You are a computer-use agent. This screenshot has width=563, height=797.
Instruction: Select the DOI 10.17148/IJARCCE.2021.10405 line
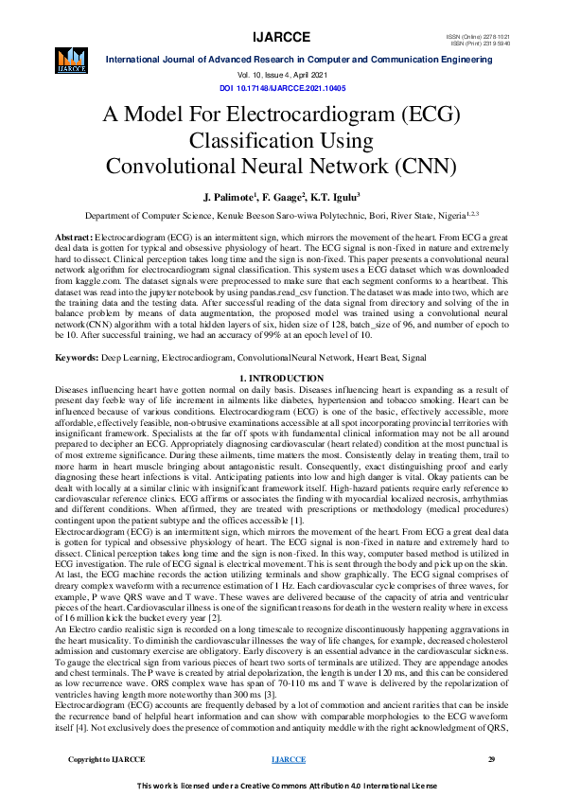click(282, 87)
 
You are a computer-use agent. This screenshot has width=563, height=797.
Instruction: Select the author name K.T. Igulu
click(335, 197)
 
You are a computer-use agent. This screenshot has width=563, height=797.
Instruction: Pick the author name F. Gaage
click(282, 197)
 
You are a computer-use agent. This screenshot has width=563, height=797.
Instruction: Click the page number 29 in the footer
click(491, 759)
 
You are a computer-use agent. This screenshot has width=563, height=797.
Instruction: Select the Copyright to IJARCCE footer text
click(107, 759)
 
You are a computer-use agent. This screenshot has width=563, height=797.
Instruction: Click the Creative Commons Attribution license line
click(281, 785)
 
